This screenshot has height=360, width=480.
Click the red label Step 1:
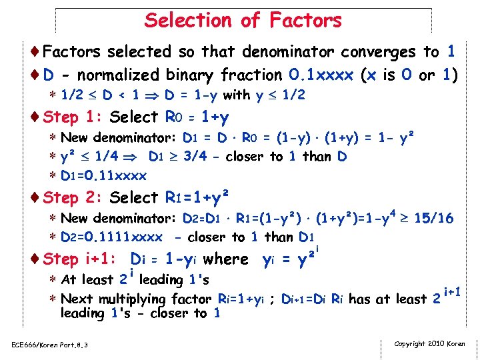[72, 117]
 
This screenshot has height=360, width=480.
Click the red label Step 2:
[72, 198]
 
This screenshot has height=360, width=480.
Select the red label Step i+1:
[80, 259]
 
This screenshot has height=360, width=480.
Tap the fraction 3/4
[206, 157]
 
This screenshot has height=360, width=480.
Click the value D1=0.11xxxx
[103, 176]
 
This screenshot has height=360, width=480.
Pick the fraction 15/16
[434, 219]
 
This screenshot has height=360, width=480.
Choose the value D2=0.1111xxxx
[111, 237]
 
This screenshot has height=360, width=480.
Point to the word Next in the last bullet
[77, 299]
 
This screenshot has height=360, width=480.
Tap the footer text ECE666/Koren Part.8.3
[50, 345]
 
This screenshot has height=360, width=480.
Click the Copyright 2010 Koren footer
[430, 344]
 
